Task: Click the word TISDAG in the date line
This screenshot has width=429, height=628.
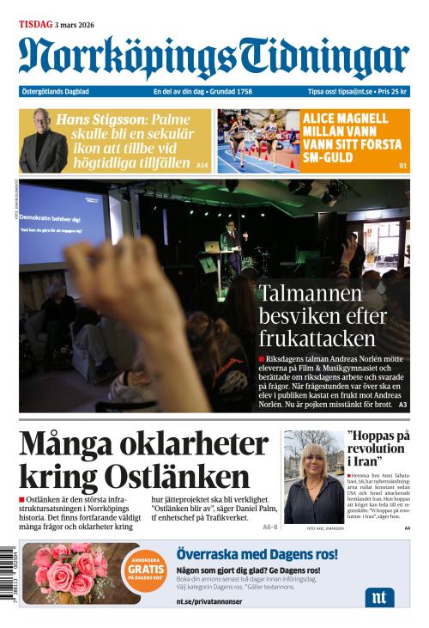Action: [x=34, y=24]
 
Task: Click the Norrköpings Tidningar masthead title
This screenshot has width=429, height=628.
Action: [x=214, y=58]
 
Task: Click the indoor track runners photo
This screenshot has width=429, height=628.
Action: [x=257, y=140]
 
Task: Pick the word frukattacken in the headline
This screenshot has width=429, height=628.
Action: [x=317, y=337]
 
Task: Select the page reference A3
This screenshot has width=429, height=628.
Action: [x=402, y=404]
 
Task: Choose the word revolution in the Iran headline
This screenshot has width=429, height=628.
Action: [x=376, y=448]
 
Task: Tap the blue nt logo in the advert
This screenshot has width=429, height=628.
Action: [x=378, y=597]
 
